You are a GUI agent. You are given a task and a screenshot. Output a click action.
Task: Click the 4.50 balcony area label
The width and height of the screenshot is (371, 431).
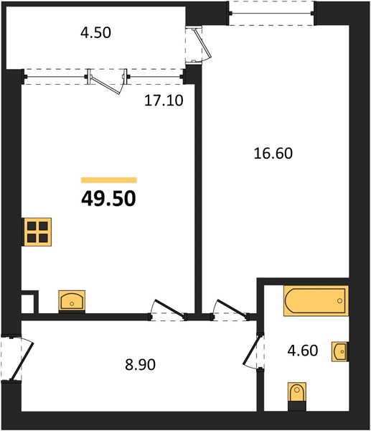tap(95, 33)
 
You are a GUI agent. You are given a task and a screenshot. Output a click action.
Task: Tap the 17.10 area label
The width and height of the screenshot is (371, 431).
tap(164, 101)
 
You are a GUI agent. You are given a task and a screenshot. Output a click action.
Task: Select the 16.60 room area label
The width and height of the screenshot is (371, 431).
tap(273, 154)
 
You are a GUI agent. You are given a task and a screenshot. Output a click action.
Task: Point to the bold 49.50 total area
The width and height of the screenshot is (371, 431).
tap(109, 199)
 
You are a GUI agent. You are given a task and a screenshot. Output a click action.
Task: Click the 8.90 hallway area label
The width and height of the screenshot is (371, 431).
tap(141, 365)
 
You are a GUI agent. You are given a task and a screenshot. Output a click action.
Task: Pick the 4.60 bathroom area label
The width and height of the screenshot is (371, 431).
tap(303, 351)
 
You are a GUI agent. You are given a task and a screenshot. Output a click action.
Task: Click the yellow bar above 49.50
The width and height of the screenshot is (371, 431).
tap(109, 180)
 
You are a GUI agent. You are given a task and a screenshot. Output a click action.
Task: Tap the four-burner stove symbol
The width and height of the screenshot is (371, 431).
tap(37, 232)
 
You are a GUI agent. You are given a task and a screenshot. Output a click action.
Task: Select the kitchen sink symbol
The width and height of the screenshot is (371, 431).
tap(72, 301)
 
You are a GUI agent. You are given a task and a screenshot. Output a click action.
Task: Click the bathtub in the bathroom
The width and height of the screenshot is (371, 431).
tap(316, 301)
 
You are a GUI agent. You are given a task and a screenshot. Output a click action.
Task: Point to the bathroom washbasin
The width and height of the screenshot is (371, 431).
tap(340, 351)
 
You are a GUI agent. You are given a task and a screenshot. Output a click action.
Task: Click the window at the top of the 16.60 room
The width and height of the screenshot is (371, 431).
tap(271, 13)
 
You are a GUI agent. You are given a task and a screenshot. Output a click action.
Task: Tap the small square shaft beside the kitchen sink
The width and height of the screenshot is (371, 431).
tap(29, 302)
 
